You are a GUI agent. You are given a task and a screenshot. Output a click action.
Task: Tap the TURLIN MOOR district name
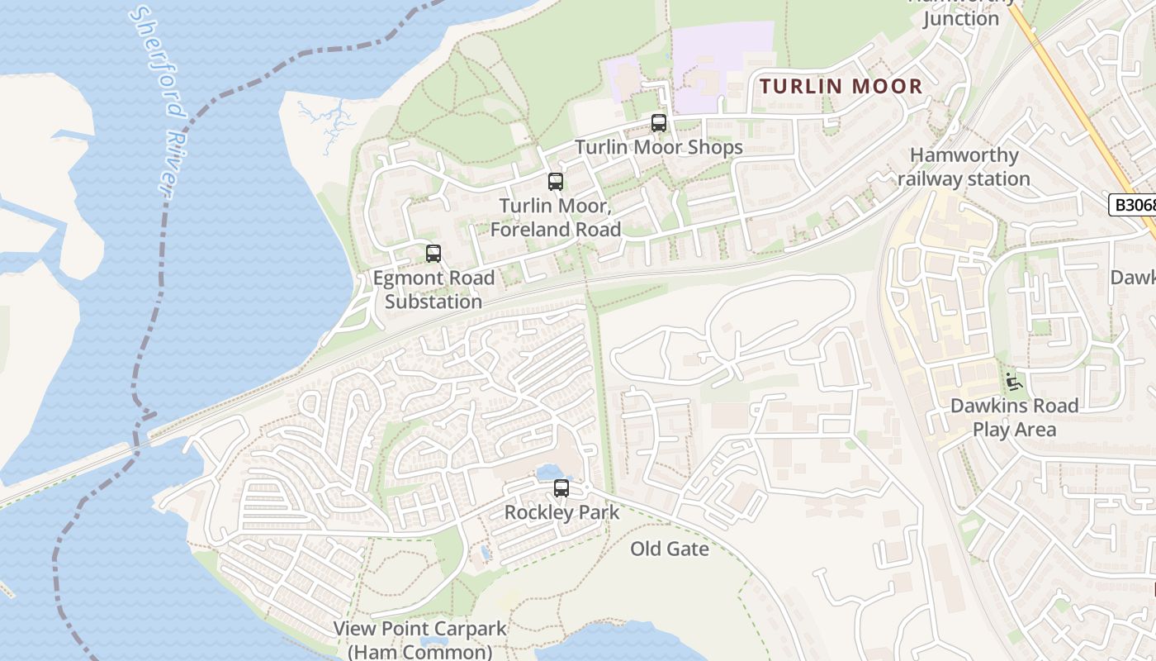(x=841, y=86)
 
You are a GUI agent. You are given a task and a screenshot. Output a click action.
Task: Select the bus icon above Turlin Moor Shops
(x=658, y=123)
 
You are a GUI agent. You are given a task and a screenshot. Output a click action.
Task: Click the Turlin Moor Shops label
(x=658, y=148)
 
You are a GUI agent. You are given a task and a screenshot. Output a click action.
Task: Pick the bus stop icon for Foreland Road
(x=556, y=182)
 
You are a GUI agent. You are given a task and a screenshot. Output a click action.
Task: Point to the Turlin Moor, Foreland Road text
(x=556, y=217)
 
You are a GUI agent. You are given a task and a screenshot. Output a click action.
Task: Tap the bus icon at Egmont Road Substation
(x=433, y=254)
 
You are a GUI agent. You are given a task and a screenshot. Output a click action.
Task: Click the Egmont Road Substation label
(x=433, y=289)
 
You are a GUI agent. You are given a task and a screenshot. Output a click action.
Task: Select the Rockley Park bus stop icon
(x=561, y=488)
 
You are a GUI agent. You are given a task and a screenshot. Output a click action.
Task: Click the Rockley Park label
(x=561, y=512)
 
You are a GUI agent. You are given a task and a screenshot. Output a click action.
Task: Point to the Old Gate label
(x=670, y=549)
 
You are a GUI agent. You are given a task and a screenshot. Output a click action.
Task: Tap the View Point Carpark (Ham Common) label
(x=419, y=640)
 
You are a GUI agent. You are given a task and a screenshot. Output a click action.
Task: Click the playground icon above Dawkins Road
(x=1013, y=382)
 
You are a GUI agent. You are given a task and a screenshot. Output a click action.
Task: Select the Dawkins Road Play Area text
(x=1014, y=417)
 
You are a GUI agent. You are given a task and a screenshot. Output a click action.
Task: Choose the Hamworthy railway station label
(x=964, y=166)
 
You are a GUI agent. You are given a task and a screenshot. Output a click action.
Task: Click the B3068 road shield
(x=1133, y=205)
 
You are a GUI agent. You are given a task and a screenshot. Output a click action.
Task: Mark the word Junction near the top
(x=960, y=18)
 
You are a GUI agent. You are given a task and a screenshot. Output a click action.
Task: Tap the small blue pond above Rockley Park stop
(x=547, y=472)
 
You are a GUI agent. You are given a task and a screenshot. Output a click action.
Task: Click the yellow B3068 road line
(x=1073, y=107)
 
